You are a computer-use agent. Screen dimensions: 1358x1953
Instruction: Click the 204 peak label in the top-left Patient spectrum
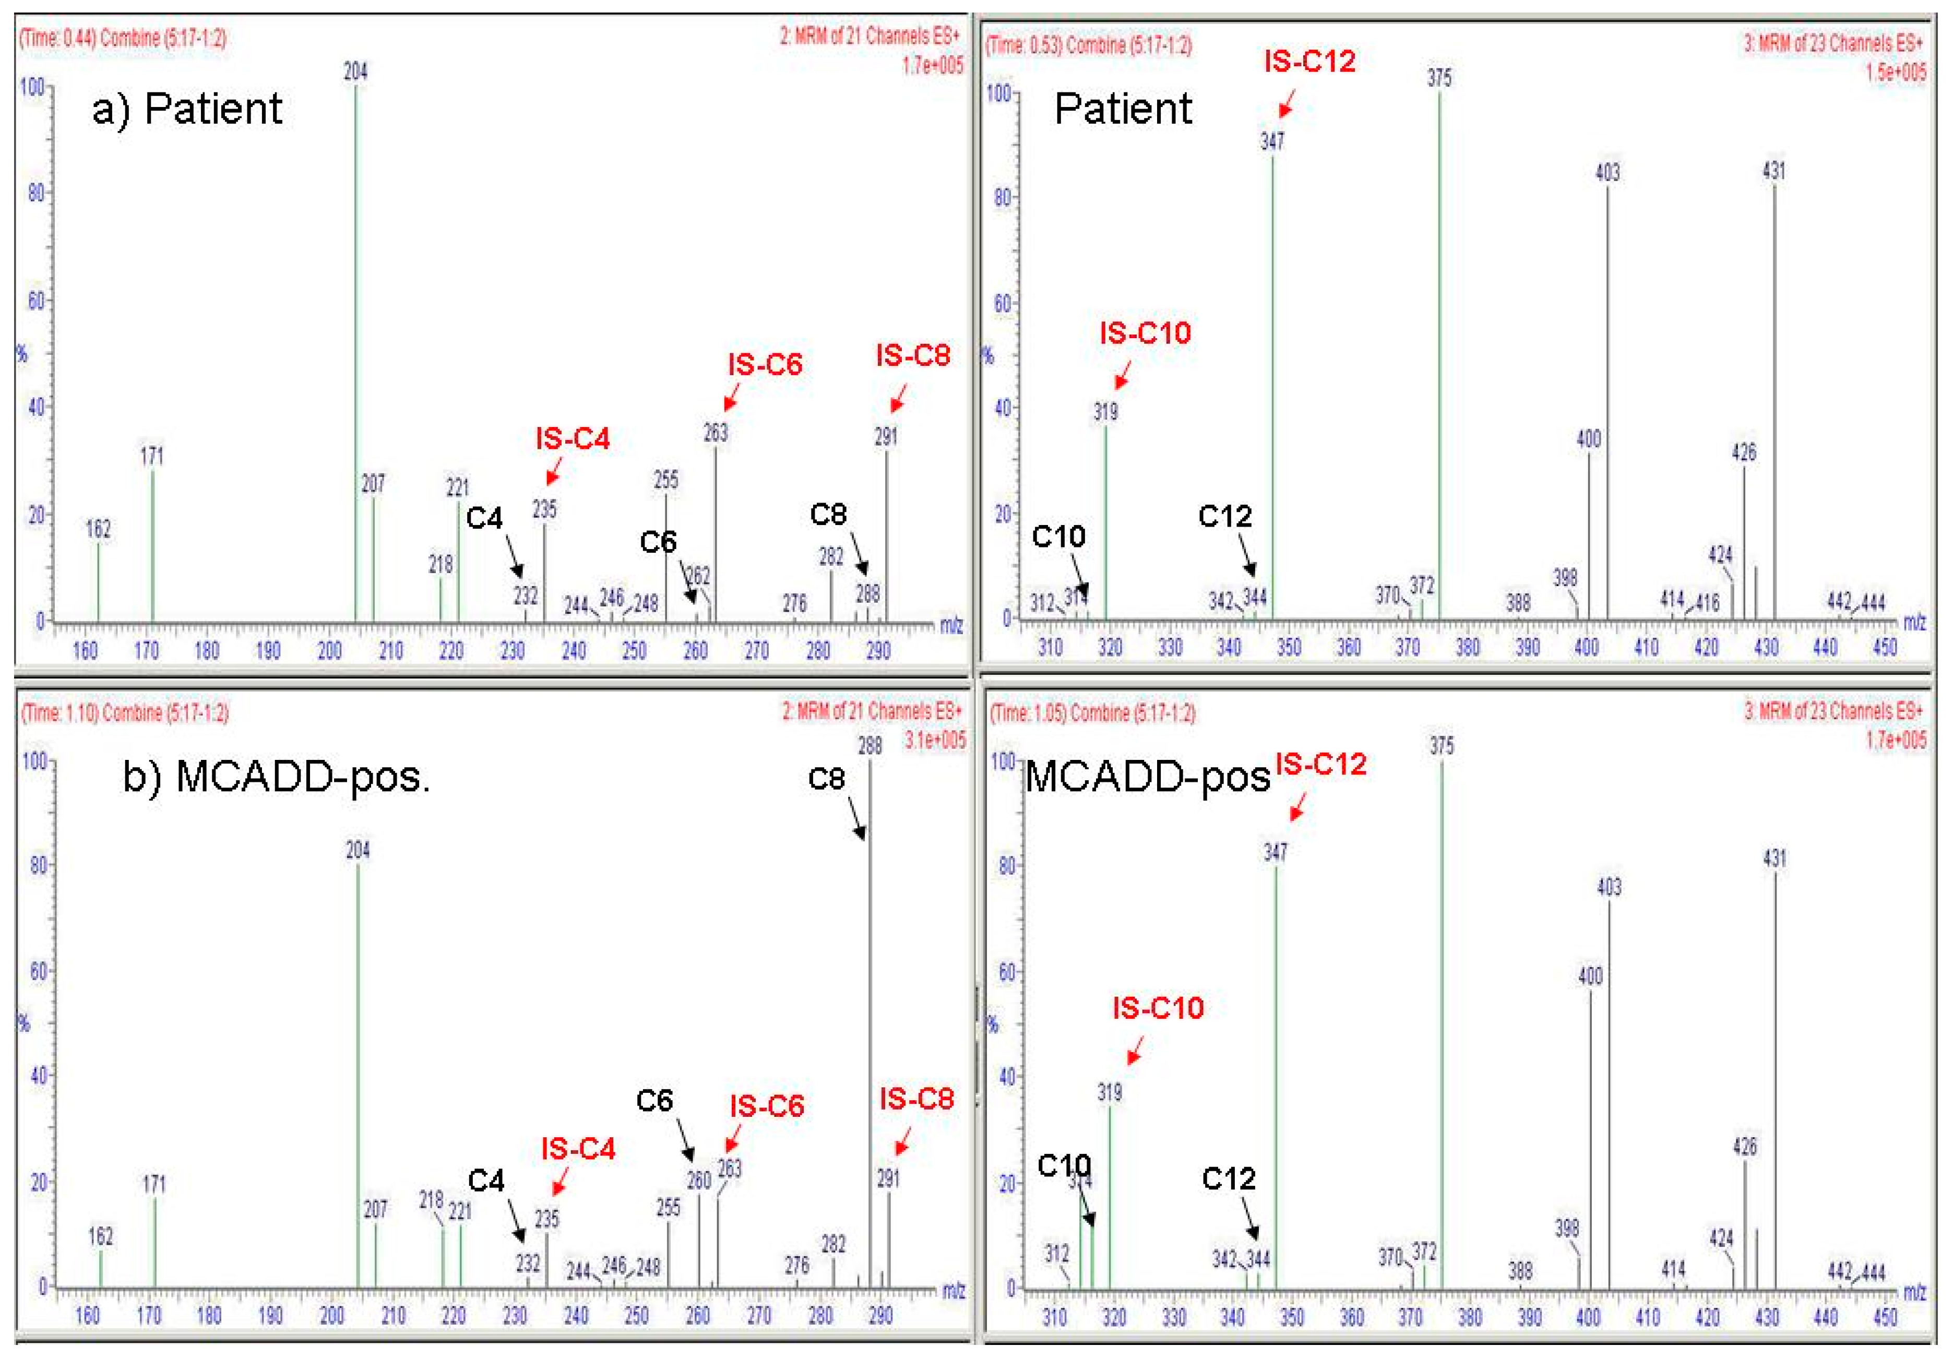tap(355, 72)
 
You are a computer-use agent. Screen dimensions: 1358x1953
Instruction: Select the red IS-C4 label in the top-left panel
tap(573, 439)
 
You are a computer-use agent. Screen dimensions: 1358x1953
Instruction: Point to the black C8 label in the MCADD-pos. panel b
tap(826, 778)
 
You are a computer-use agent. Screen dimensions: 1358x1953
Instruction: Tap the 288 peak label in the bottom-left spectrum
tap(870, 746)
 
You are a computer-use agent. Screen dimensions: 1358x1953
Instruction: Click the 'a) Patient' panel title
tap(187, 109)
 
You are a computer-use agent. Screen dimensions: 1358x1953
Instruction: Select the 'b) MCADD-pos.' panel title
tap(277, 777)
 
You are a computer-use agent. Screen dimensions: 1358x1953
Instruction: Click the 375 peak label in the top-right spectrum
tap(1439, 78)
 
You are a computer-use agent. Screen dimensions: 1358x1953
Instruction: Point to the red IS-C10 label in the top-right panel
tap(1145, 332)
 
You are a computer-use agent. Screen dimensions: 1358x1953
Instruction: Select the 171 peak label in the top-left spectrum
tap(152, 456)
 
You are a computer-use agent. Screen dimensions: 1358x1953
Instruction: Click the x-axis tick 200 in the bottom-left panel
tap(332, 1316)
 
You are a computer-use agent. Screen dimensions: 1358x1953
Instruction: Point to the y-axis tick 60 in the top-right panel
tap(1004, 304)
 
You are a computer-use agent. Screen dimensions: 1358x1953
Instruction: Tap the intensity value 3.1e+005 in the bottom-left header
tap(935, 740)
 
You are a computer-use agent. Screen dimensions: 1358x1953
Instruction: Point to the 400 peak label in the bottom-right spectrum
tap(1590, 975)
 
